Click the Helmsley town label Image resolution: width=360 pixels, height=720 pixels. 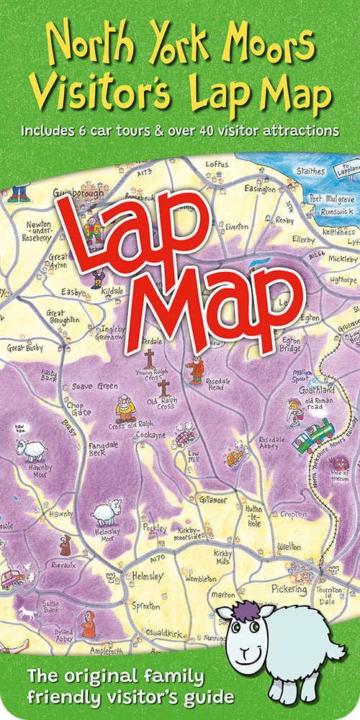click(x=147, y=577)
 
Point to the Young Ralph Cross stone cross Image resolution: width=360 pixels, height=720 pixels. click(x=149, y=358)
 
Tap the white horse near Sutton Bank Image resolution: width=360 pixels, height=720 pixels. click(x=29, y=612)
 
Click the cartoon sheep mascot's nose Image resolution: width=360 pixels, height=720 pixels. click(x=243, y=654)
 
